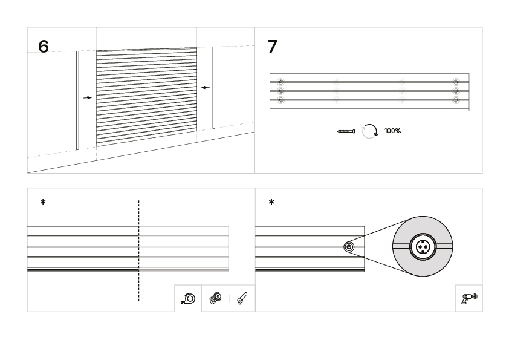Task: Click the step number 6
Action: (x=44, y=46)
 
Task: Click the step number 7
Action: (x=273, y=46)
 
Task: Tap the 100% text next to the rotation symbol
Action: (x=392, y=131)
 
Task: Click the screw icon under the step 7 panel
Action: (x=346, y=131)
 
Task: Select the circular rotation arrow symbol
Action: (x=370, y=131)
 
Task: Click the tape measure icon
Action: (x=188, y=298)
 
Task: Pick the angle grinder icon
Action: (x=216, y=298)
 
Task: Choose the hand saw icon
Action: (x=242, y=298)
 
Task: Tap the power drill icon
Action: (x=469, y=298)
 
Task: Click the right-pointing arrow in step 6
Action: (x=87, y=97)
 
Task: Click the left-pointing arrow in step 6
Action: (x=206, y=87)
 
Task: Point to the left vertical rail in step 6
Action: (x=77, y=100)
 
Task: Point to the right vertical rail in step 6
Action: (x=213, y=88)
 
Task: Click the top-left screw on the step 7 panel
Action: (x=280, y=82)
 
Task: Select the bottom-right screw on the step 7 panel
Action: (x=456, y=100)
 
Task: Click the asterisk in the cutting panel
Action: (x=43, y=203)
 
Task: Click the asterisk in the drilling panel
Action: (x=271, y=203)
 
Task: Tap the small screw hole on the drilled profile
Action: (x=349, y=247)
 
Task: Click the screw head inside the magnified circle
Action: (x=423, y=247)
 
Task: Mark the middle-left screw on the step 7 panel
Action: (x=280, y=91)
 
